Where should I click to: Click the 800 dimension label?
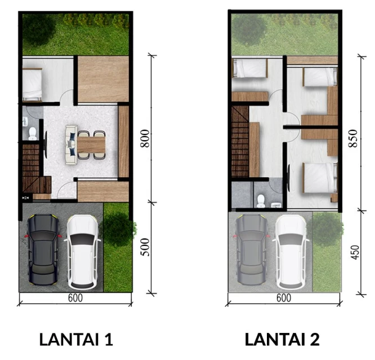(x=145, y=138)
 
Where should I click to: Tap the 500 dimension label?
(x=145, y=247)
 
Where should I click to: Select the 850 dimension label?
(x=353, y=138)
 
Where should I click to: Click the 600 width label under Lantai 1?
(x=75, y=298)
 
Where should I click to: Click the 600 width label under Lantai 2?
(x=284, y=298)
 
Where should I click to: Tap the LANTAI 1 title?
(x=76, y=339)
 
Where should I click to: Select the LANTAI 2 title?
(x=282, y=339)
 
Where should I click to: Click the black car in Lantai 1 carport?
(x=43, y=249)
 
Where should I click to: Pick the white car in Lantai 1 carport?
(x=83, y=252)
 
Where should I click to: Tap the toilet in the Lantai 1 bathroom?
(x=33, y=134)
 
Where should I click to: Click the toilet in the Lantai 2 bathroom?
(x=261, y=201)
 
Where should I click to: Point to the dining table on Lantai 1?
(x=91, y=145)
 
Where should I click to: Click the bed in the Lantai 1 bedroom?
(x=32, y=84)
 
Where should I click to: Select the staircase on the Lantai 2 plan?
(x=240, y=141)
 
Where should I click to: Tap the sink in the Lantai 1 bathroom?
(x=25, y=121)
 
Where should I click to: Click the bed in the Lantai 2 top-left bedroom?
(x=249, y=68)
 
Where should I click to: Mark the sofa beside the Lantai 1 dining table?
(x=71, y=145)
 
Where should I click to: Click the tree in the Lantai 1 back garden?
(x=38, y=29)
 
